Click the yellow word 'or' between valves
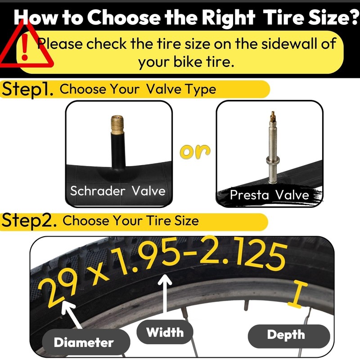pos(195,152)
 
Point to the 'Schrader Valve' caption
pos(118,190)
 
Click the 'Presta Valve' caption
pos(269,195)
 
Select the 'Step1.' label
pos(28,89)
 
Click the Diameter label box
pos(84,342)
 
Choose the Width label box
pos(165,333)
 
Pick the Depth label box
pos(285,335)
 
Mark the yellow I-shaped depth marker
pos(295,294)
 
